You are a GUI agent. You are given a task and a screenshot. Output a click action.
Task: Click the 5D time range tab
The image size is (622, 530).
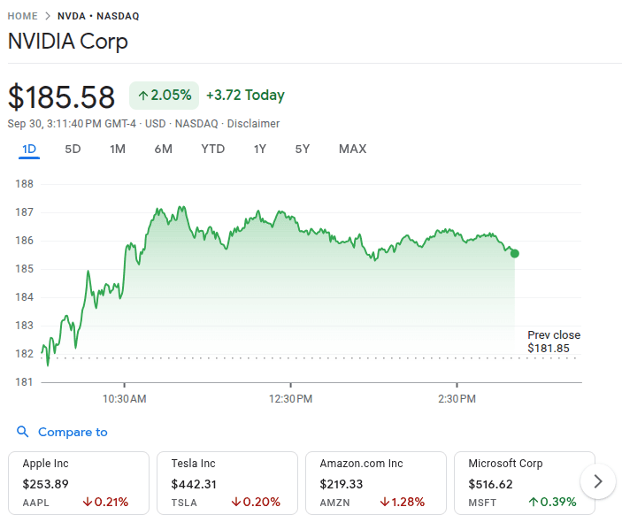point(73,149)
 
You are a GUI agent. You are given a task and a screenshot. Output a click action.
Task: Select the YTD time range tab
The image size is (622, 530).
point(212,149)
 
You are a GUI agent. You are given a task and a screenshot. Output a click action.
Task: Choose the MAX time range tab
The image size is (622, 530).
point(352,149)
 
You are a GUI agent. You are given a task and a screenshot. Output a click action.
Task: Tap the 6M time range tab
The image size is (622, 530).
point(163,149)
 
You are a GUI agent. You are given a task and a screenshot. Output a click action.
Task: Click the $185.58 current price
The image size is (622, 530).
point(62,96)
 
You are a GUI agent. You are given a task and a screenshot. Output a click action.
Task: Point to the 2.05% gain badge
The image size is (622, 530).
point(165,96)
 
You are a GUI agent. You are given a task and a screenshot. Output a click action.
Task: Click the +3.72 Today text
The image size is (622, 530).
point(245,96)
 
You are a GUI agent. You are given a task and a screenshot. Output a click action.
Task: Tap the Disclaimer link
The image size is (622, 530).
point(253,124)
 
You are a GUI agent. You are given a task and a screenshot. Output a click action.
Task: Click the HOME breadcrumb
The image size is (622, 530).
point(23,16)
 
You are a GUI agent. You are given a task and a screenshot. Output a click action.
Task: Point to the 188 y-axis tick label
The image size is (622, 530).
point(25,184)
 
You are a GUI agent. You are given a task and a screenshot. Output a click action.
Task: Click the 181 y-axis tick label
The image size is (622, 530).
point(25,382)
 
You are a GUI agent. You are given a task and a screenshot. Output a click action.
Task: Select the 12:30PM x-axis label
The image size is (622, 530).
point(291,399)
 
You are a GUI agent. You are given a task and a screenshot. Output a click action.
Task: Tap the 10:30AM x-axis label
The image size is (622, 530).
point(125,399)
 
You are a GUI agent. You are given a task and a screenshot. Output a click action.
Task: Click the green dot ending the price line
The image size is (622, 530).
point(515,253)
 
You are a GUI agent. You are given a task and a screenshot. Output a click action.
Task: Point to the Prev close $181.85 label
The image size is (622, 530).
point(554,342)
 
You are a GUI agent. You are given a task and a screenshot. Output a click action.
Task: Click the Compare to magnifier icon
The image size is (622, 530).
point(23,432)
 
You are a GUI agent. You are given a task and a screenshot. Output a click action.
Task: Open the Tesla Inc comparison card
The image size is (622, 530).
point(227,482)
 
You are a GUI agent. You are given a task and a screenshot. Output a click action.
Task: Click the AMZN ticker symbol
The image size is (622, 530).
point(334,503)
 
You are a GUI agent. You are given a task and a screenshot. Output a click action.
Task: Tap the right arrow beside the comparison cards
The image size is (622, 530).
point(598,481)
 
